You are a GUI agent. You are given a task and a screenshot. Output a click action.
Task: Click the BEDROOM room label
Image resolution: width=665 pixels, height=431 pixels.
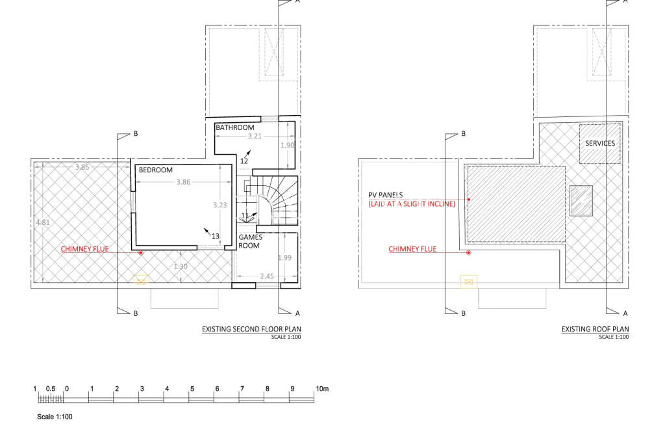tap(156, 170)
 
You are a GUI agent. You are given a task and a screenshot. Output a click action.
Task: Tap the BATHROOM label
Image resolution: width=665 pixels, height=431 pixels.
tap(235, 128)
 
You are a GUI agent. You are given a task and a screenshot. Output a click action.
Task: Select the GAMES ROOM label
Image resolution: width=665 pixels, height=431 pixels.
tap(250, 242)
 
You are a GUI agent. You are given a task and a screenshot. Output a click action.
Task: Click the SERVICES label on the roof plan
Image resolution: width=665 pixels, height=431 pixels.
tap(599, 144)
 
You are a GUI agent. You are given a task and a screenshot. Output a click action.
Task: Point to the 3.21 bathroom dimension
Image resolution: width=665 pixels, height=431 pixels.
tap(258, 137)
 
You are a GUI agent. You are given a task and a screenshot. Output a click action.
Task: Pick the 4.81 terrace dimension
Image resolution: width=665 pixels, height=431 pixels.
tap(43, 222)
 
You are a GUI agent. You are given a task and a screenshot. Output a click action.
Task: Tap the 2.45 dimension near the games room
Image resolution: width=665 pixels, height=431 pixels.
tap(267, 276)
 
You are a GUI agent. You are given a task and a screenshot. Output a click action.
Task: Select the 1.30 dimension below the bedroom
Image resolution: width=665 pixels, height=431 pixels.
tap(181, 267)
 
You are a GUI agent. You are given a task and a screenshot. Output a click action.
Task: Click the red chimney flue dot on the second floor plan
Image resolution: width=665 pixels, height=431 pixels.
tap(141, 252)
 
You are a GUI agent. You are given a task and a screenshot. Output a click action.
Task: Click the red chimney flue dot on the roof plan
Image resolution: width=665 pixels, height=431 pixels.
tap(468, 252)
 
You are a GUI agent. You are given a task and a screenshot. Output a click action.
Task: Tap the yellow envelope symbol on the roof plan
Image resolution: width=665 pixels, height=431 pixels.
tap(468, 281)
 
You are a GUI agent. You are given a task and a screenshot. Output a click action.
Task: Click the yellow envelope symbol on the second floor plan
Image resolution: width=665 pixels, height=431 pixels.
tap(141, 280)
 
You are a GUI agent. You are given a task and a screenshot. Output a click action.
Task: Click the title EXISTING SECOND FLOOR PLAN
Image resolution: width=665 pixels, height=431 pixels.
tap(251, 330)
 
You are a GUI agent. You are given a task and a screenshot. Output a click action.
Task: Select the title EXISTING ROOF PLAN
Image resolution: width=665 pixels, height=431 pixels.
tap(595, 330)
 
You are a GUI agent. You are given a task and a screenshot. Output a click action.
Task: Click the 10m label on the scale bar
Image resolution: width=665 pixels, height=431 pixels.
tap(323, 389)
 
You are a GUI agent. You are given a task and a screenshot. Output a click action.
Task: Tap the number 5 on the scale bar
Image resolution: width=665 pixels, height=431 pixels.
tap(192, 389)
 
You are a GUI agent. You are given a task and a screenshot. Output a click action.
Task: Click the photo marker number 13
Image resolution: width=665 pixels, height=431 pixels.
tap(216, 235)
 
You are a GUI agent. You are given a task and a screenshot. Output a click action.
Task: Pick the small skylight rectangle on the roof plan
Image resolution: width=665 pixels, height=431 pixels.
tap(581, 200)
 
